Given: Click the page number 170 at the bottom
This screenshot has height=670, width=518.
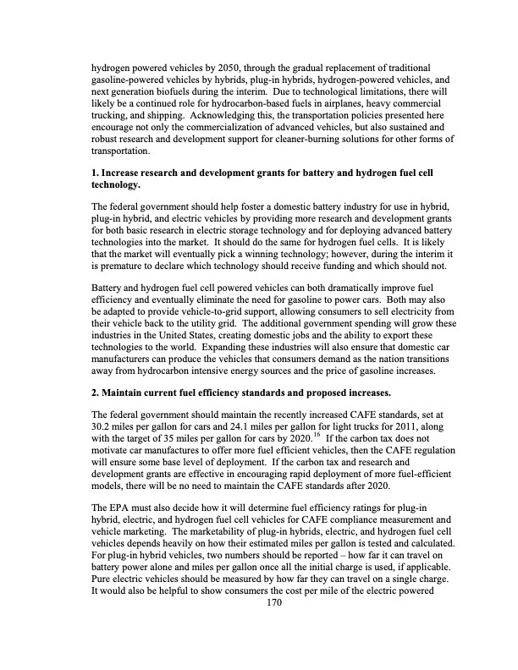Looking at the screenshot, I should click(273, 627).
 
